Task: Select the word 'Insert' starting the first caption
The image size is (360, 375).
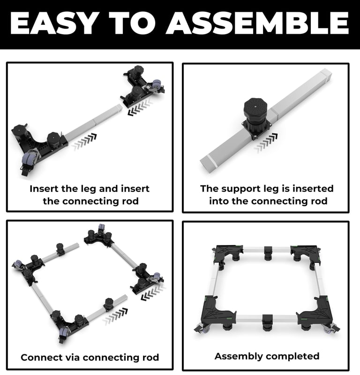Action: click(44, 189)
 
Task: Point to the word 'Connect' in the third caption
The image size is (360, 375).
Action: click(38, 357)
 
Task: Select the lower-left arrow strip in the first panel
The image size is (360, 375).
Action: click(84, 142)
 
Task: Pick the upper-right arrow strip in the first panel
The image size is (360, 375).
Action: click(140, 107)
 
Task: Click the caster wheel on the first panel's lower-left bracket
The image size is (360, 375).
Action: click(29, 158)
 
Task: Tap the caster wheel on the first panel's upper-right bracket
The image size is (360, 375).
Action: click(156, 84)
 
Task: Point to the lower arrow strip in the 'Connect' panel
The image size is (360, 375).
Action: click(115, 316)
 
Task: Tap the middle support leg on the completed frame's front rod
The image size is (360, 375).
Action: click(268, 322)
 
